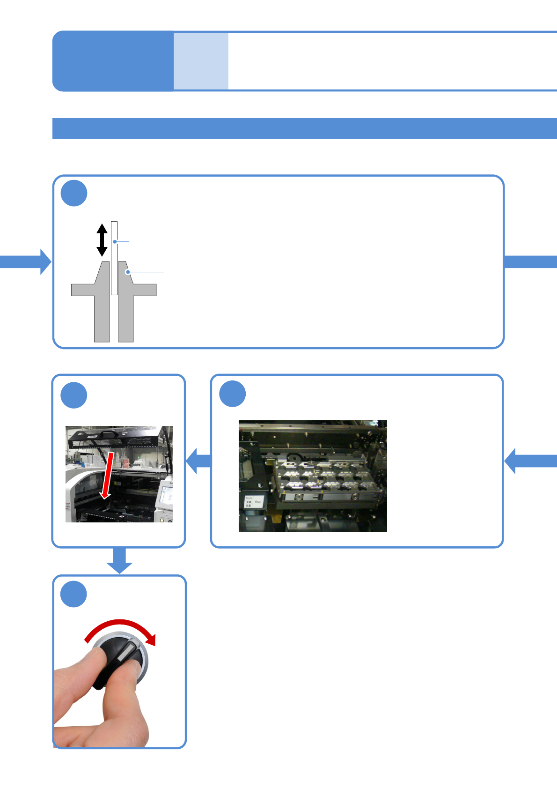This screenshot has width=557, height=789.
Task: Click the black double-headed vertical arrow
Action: coord(102,240)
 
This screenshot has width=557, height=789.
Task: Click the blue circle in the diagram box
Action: coord(74,193)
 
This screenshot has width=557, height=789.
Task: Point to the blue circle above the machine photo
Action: coord(74,395)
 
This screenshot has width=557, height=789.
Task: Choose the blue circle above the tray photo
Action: coord(233,394)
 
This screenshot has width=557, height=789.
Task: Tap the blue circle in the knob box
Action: coord(74,594)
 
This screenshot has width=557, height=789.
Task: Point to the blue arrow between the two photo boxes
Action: coord(199,461)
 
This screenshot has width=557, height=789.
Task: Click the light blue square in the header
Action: coord(201,61)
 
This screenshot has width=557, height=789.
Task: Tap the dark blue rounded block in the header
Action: coord(113,61)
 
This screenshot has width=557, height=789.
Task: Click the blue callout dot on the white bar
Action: coord(115,242)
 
